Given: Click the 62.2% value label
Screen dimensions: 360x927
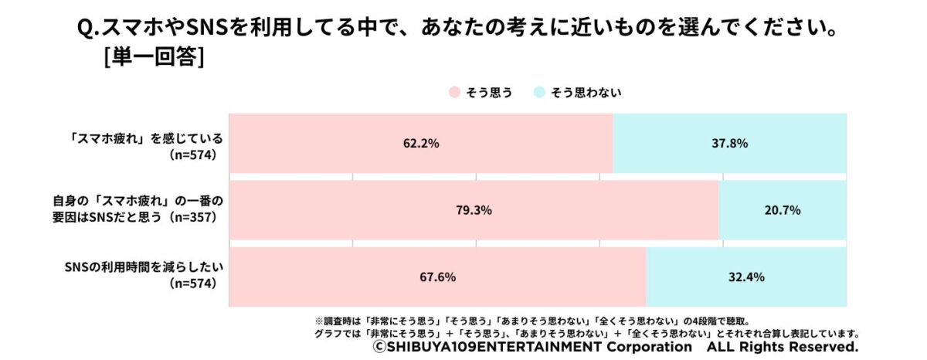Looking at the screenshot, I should (x=420, y=143).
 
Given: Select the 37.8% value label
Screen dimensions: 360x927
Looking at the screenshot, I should (x=730, y=143).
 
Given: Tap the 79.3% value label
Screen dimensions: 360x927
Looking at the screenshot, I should (x=474, y=209).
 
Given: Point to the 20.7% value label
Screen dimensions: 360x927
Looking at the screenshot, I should (x=782, y=209).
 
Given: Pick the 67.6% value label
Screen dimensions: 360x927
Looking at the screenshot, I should (x=438, y=276).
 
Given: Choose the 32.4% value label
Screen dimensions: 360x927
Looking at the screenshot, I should (x=746, y=276).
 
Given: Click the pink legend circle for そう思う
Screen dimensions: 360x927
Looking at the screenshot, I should (x=454, y=93).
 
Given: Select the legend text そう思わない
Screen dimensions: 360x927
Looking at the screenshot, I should (x=585, y=93).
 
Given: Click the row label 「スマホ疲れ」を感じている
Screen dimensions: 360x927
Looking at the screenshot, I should (x=145, y=138).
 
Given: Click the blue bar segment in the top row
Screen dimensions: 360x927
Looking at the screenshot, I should (x=729, y=144).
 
